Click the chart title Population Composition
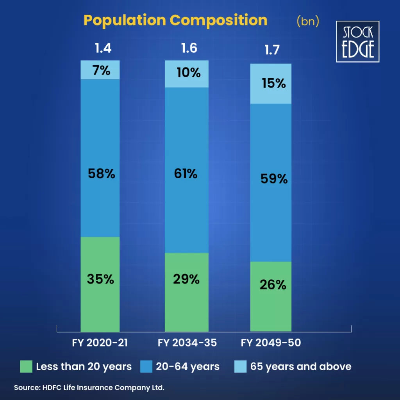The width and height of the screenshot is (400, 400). click(x=175, y=20)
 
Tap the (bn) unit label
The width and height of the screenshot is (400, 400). click(x=308, y=21)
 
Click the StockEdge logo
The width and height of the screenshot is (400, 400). click(x=358, y=41)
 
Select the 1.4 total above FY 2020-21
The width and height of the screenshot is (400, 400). click(x=103, y=48)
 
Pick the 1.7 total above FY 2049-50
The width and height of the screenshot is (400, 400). click(x=272, y=51)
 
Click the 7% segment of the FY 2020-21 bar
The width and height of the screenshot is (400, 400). click(x=100, y=70)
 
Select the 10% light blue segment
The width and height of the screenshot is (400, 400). click(x=187, y=74)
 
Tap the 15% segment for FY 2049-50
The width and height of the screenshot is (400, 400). click(x=271, y=84)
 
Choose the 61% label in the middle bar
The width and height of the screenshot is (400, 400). click(x=186, y=173)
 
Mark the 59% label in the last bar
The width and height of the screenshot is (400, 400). click(x=273, y=179)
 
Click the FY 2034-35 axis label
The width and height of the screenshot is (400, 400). click(x=187, y=343)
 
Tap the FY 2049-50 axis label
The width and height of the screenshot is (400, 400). click(x=271, y=343)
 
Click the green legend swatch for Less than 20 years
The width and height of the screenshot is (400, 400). click(x=26, y=366)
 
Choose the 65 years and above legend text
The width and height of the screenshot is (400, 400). click(x=301, y=366)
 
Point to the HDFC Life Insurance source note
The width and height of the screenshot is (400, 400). click(x=89, y=388)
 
